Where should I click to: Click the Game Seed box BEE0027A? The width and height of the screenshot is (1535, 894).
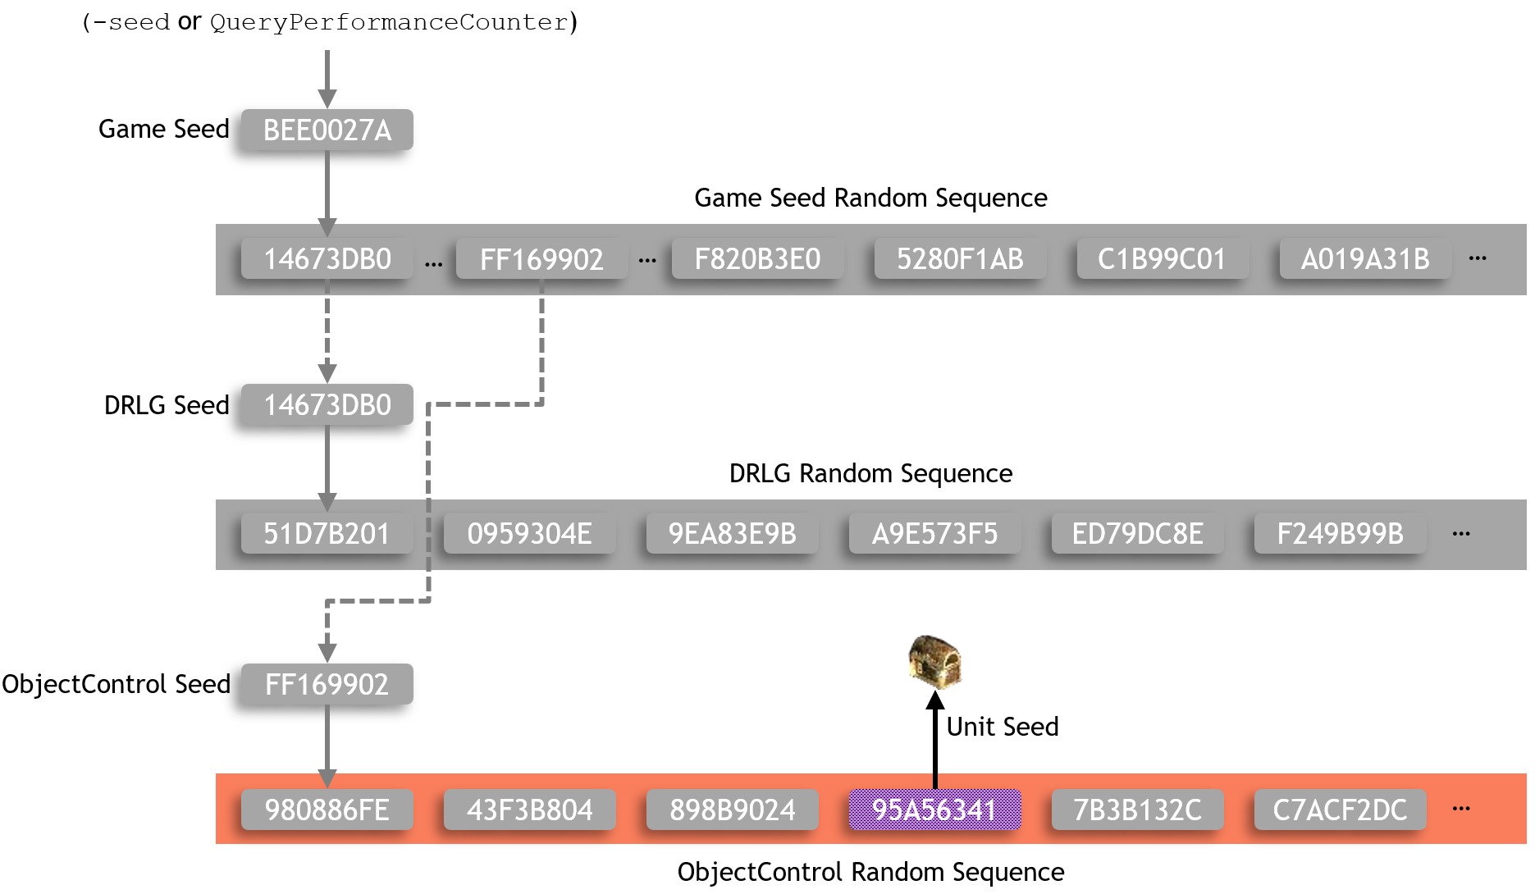[327, 130]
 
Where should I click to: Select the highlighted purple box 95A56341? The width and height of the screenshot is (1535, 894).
[934, 810]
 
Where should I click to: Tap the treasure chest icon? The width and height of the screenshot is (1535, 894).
[934, 661]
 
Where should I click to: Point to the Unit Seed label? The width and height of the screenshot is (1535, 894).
[1002, 727]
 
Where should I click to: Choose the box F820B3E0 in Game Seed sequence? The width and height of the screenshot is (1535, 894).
[757, 259]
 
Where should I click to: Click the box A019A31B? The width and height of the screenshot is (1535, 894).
[1364, 259]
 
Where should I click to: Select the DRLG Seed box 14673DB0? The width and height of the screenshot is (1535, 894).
[327, 405]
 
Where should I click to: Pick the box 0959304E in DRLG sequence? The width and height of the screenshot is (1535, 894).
[529, 534]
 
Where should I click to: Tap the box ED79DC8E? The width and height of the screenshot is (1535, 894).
[1137, 534]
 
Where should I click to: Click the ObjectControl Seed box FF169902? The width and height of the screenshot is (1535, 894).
[327, 684]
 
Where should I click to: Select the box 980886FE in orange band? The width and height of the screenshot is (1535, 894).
[327, 810]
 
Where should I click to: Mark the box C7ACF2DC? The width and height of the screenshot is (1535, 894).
[1339, 810]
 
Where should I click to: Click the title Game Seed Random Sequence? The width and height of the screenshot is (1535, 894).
[870, 198]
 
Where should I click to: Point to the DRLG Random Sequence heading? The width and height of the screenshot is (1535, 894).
[870, 473]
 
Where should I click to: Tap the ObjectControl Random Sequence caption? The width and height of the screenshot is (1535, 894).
[870, 872]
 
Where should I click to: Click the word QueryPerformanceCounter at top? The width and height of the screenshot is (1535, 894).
[389, 22]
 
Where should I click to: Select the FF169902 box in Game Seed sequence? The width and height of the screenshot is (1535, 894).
[541, 259]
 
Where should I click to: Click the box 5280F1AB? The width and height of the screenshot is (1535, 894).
[960, 259]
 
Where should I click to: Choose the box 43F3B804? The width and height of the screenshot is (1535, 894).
[529, 810]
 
